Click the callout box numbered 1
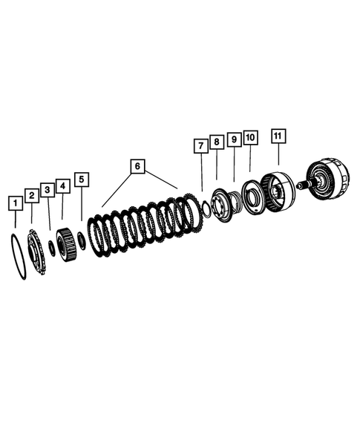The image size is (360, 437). click(x=14, y=202)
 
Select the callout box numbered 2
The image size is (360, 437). click(x=31, y=195)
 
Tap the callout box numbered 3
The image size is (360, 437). click(x=47, y=190)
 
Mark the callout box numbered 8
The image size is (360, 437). click(x=216, y=141)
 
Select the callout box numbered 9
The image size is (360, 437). click(x=233, y=139)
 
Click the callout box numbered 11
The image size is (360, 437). click(x=278, y=136)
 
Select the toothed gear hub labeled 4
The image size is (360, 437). click(x=68, y=243)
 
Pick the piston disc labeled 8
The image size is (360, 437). click(x=220, y=204)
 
